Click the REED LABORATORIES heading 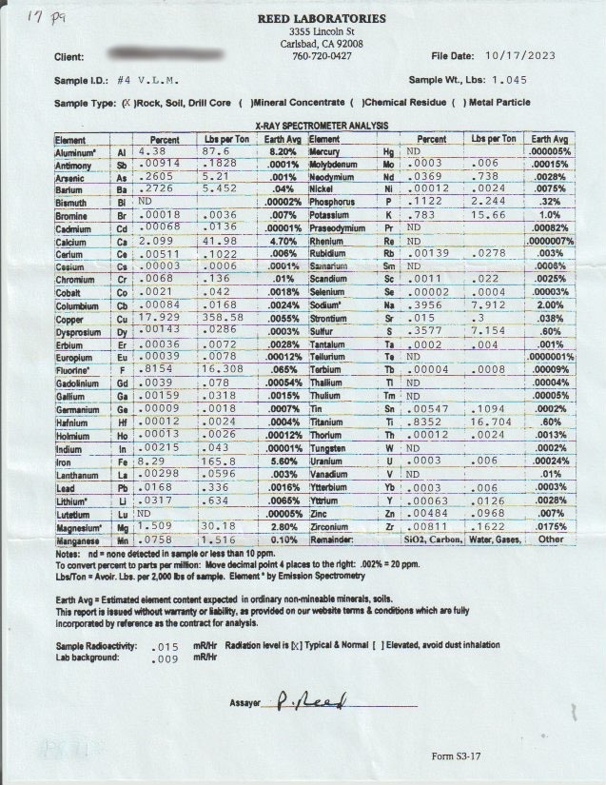(x=322, y=19)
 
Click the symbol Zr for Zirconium (x=388, y=525)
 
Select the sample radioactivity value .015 (x=166, y=646)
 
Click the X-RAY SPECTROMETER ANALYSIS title (x=322, y=126)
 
